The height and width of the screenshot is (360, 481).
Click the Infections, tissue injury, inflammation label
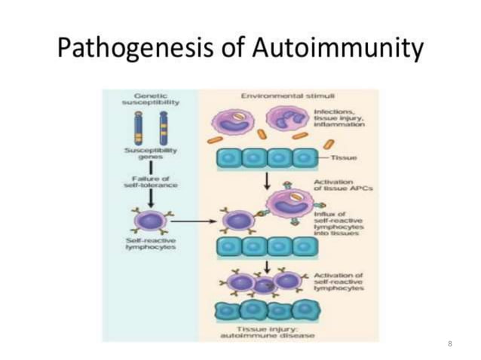point(339,119)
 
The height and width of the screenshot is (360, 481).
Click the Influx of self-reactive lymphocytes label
point(334,224)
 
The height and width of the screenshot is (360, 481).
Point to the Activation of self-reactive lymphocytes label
point(337,282)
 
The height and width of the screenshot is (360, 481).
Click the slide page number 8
point(449,343)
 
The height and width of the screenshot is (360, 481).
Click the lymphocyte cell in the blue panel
point(149,222)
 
